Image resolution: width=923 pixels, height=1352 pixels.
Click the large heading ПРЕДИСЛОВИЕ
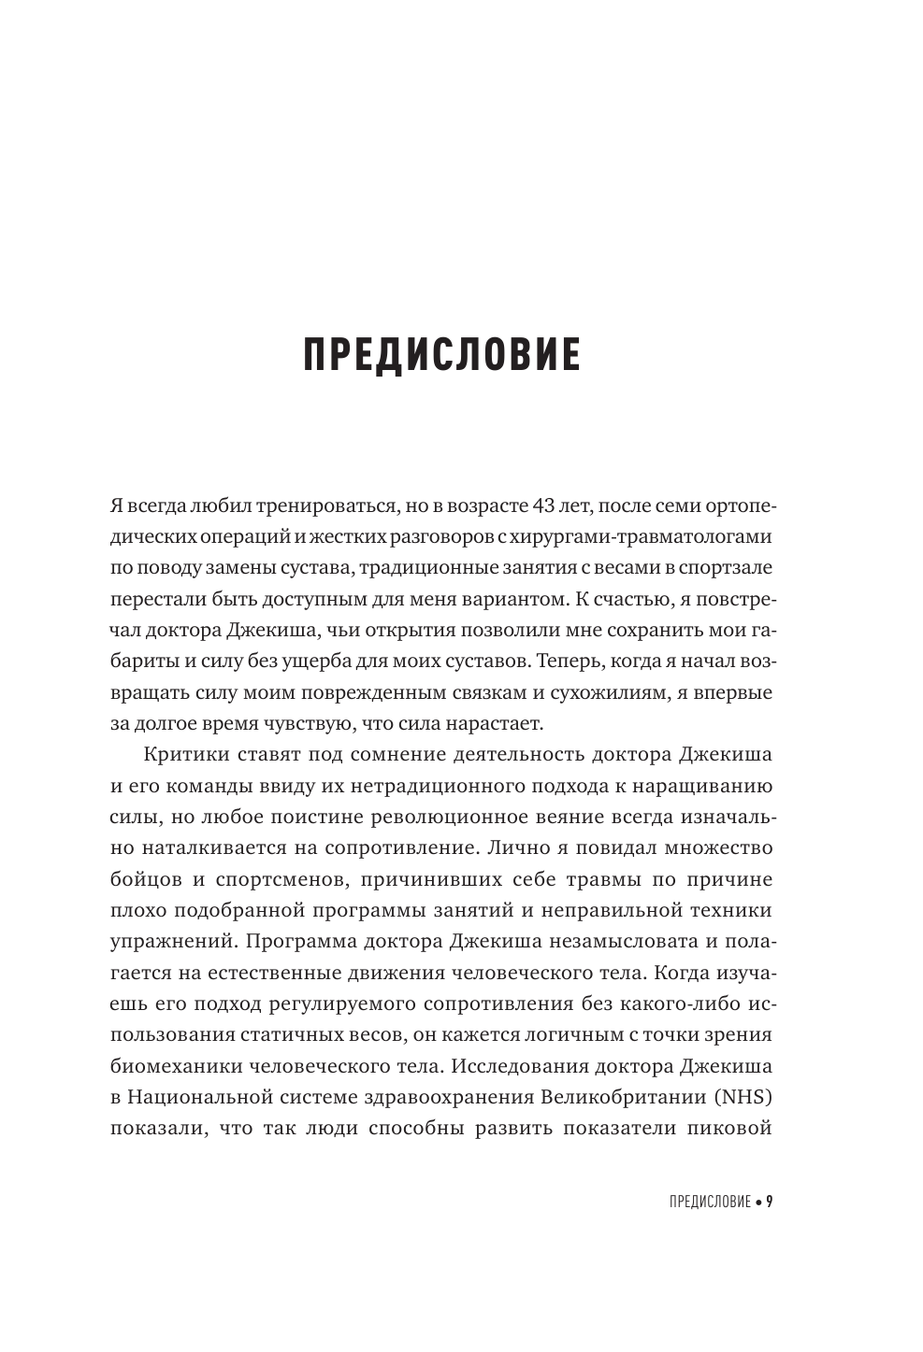[441, 356]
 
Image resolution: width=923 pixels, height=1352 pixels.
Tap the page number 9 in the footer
[770, 1202]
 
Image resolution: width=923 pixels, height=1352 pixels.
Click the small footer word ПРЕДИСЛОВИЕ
[710, 1203]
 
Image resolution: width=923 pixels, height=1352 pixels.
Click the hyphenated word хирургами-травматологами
[632, 536]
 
